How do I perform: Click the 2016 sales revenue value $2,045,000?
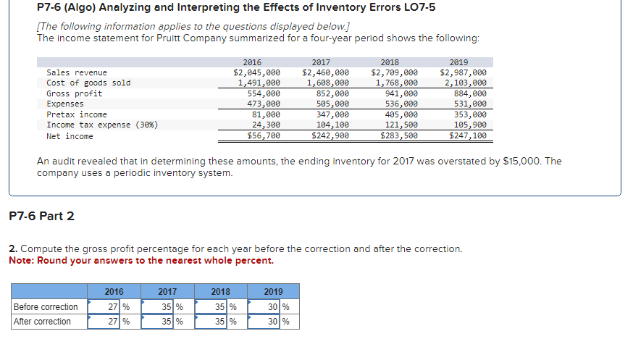pos(256,72)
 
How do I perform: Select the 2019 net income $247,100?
pos(468,135)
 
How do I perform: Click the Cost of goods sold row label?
pos(88,83)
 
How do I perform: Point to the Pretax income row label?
pos(76,114)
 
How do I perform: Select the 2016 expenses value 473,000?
pos(264,104)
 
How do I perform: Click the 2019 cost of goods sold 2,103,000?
pos(464,83)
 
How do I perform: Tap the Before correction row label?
pos(46,307)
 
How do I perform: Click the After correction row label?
pos(43,322)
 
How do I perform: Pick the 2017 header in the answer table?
pos(168,292)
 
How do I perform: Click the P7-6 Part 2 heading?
pos(41,216)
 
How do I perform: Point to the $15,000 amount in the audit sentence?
pos(519,161)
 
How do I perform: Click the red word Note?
pos(22,261)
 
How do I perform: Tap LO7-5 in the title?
pos(412,8)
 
